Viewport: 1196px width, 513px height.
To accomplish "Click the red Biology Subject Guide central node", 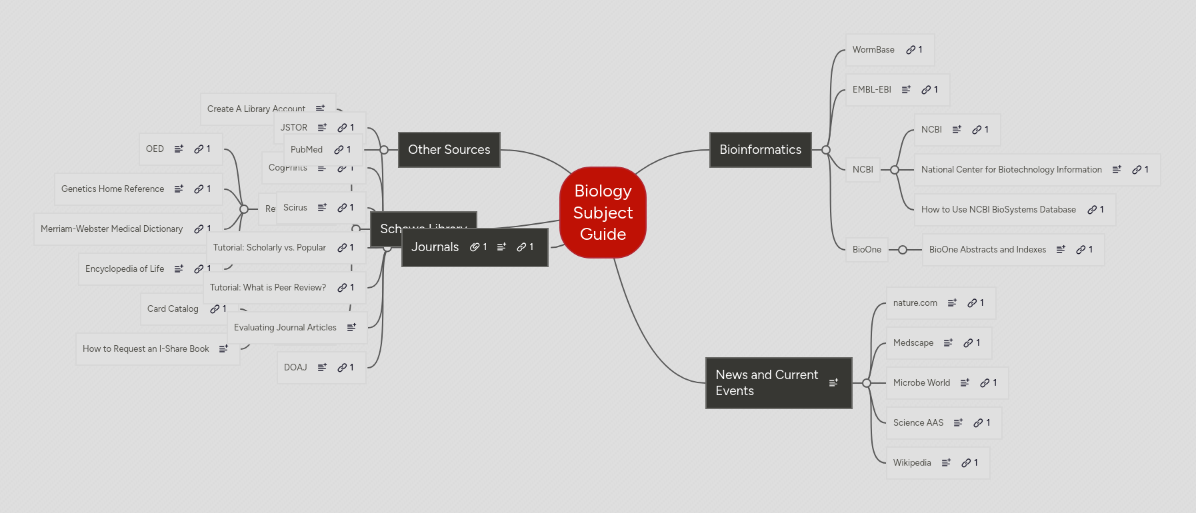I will (x=603, y=213).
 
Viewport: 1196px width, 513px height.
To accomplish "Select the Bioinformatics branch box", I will (x=760, y=150).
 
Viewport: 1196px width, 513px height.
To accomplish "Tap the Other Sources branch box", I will (x=449, y=150).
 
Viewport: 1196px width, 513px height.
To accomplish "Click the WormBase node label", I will (x=873, y=50).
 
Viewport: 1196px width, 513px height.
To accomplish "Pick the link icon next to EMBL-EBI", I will (x=926, y=90).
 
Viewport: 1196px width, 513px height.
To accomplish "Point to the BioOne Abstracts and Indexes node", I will (x=987, y=250).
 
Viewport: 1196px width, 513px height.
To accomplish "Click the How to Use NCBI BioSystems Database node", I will (x=998, y=210).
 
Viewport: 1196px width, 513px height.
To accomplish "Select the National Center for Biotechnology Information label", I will (x=1011, y=170).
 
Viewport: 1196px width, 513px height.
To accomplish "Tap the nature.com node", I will (x=915, y=303).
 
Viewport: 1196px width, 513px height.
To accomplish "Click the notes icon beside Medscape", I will (x=948, y=343).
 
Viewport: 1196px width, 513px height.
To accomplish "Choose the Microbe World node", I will (x=921, y=383).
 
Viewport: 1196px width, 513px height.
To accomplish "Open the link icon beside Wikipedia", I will (x=966, y=463).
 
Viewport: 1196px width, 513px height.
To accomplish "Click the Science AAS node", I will (x=918, y=423).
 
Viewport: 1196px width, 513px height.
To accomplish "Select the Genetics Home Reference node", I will (x=113, y=189).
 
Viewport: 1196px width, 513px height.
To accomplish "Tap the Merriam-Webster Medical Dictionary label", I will (x=111, y=229).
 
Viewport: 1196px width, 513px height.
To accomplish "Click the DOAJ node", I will (x=295, y=368).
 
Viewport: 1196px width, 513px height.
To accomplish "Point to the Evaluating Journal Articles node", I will (x=285, y=328).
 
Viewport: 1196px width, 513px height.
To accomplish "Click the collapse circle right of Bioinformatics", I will (x=826, y=150).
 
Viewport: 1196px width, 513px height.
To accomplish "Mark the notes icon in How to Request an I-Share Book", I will (x=223, y=349).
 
